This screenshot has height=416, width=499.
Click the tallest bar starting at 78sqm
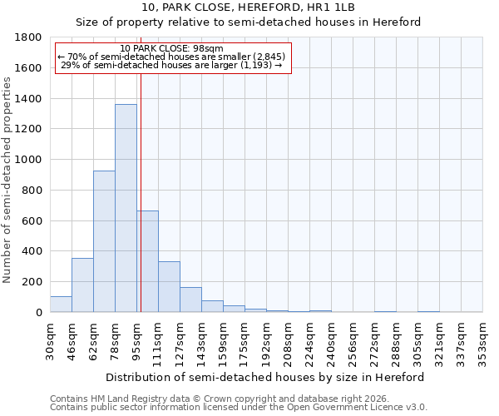tap(126, 208)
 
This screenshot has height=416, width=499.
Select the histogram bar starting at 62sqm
tap(104, 241)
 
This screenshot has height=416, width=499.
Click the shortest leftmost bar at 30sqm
tap(61, 305)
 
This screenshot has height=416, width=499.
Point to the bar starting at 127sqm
tap(190, 300)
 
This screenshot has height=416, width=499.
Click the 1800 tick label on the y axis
tap(27, 37)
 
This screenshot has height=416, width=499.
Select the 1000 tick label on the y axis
tap(27, 160)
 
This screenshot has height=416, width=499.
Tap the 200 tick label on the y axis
tap(31, 282)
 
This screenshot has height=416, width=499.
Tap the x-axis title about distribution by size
tap(265, 377)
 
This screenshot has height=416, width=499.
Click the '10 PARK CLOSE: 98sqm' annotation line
tap(171, 48)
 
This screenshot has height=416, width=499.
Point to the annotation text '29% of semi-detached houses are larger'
tap(171, 65)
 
